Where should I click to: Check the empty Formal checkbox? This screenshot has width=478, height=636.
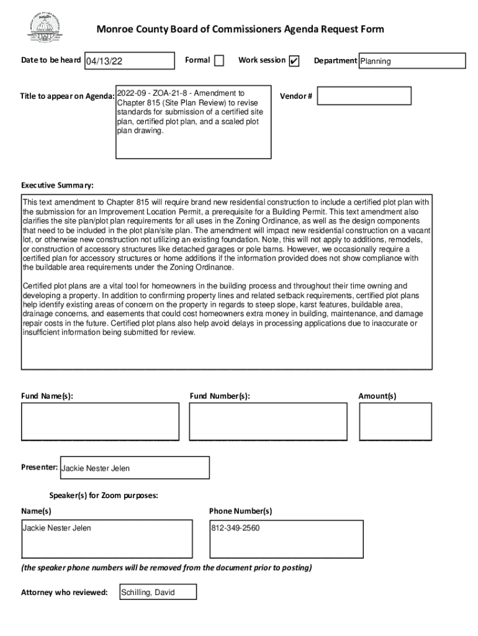click(219, 61)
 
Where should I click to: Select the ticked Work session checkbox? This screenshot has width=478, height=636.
click(294, 61)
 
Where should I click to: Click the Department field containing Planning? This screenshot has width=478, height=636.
click(412, 61)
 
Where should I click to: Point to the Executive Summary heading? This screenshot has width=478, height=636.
click(58, 186)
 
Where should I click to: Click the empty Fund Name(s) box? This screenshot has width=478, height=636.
click(98, 421)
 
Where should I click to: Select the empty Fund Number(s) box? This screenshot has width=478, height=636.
click(268, 421)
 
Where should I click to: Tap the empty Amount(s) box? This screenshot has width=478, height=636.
click(395, 421)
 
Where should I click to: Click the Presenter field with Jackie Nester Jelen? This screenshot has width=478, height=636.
click(134, 468)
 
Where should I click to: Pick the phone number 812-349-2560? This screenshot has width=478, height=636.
click(235, 529)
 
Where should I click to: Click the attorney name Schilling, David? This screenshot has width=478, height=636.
click(148, 592)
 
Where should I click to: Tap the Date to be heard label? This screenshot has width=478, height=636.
click(51, 60)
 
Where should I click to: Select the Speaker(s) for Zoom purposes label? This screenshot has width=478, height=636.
click(104, 496)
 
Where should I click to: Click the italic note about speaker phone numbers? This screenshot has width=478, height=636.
click(166, 568)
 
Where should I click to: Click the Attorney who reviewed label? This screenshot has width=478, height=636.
click(65, 592)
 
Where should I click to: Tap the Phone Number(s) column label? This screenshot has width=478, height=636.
click(240, 511)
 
